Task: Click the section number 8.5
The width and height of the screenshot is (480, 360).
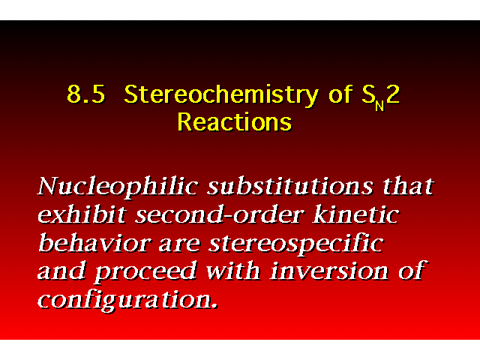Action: point(86,94)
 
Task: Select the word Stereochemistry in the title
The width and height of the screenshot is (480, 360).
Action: point(221,95)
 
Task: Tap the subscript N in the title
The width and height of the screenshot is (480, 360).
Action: point(379,106)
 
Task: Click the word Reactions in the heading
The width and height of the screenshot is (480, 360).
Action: point(235,121)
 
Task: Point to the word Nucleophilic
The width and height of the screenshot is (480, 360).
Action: point(118,187)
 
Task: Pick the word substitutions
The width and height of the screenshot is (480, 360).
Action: point(290,186)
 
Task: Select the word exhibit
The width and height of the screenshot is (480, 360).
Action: point(82,214)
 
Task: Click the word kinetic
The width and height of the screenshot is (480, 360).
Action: point(356,214)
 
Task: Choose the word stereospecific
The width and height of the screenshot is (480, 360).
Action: point(296,244)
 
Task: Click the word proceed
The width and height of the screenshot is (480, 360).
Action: point(145,272)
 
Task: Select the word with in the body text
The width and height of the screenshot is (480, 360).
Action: point(233,271)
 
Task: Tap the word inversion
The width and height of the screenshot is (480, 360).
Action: point(329,271)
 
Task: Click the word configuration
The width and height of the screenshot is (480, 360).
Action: point(128,300)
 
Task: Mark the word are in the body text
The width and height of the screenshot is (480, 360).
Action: point(180,246)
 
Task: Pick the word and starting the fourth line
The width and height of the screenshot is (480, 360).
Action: point(61,271)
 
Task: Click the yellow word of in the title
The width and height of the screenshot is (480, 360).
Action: point(340,94)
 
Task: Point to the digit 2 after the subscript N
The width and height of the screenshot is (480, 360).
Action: point(393,94)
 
